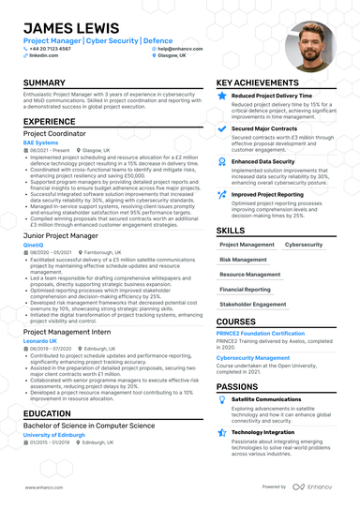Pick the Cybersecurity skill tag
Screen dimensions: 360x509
click(x=304, y=244)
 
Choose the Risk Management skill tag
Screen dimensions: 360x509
click(x=244, y=259)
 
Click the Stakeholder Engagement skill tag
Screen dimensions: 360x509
click(x=254, y=305)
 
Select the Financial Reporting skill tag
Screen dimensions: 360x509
click(x=244, y=290)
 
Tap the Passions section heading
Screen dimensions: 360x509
click(x=240, y=385)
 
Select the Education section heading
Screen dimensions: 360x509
click(x=48, y=413)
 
